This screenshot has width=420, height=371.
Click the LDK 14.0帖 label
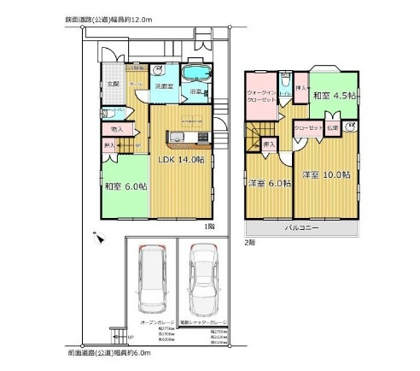(x=178, y=159)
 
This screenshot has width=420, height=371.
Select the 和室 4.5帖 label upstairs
(x=331, y=96)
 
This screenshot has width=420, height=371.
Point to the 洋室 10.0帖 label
(x=325, y=174)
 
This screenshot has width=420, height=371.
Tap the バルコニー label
(x=298, y=228)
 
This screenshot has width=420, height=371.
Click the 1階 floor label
(x=208, y=226)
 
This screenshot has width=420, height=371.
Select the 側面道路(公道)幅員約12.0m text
(x=107, y=18)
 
